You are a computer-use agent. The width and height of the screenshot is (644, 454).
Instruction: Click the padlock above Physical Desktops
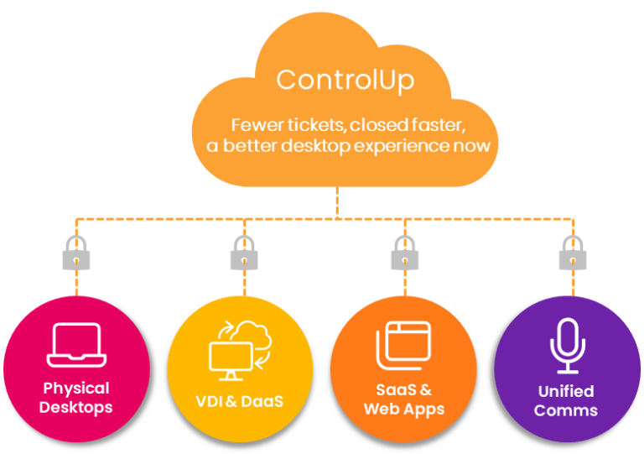[76, 253]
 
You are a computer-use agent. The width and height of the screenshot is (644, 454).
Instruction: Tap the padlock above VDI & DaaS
[244, 253]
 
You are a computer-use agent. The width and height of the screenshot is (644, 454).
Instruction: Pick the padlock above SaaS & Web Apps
[406, 253]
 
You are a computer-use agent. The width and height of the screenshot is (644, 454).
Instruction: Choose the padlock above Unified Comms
[573, 253]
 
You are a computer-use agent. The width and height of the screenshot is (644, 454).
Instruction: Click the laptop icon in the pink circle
[76, 345]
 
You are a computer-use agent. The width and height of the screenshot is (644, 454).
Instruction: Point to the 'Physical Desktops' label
[76, 398]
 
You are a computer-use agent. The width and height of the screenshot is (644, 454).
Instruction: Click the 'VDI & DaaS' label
[239, 401]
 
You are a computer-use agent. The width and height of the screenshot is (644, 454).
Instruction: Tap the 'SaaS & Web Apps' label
[403, 399]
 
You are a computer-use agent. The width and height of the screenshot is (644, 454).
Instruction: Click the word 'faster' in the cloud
[435, 125]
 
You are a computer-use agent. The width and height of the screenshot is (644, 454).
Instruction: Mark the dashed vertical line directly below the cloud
[338, 201]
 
